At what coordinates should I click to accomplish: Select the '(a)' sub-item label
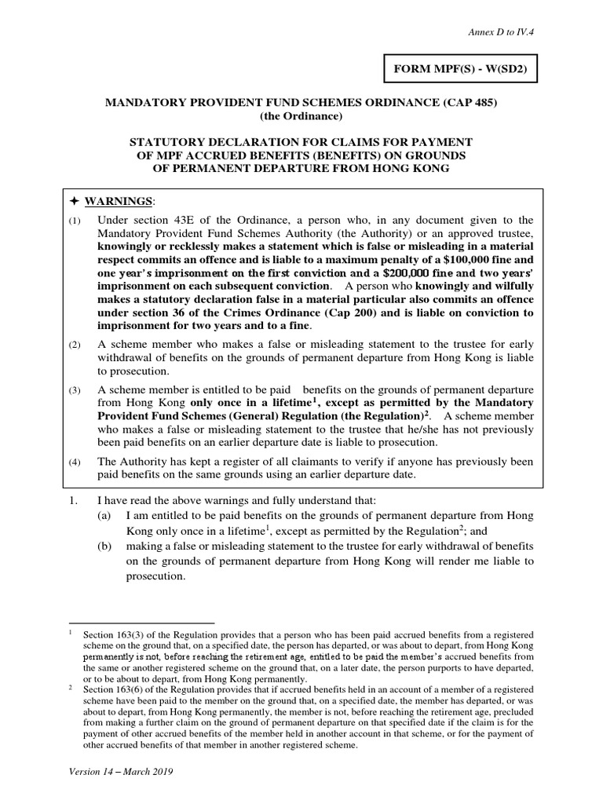click(104, 516)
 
